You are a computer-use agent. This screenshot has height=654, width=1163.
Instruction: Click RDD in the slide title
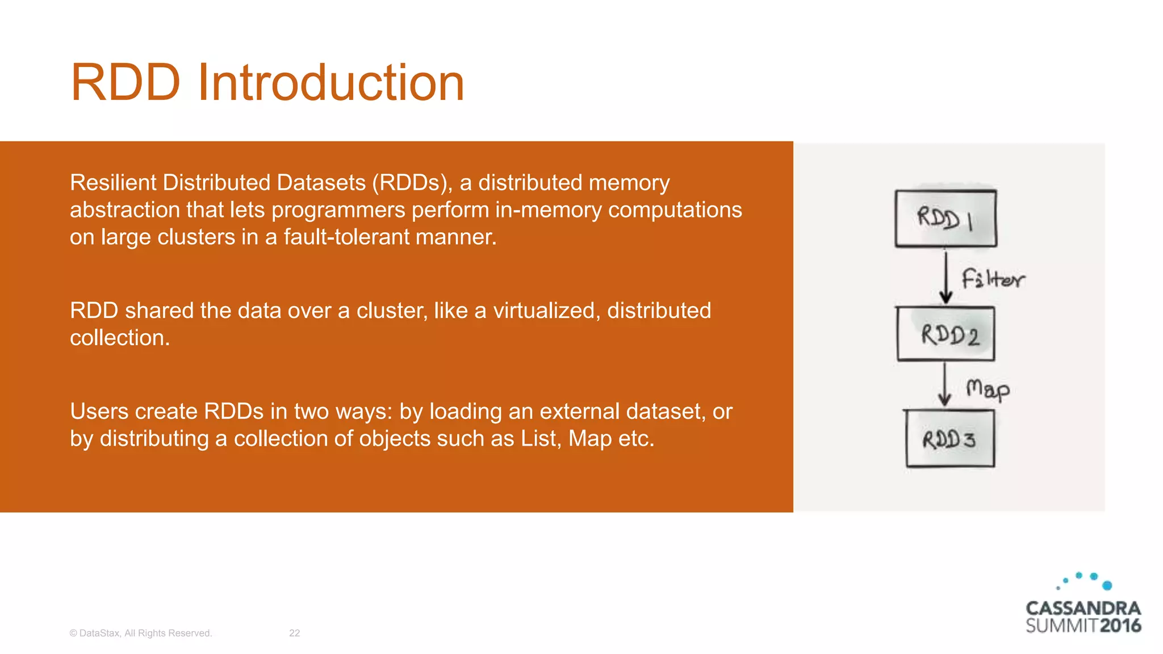point(125,83)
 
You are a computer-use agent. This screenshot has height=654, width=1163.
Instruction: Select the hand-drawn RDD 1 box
point(946,219)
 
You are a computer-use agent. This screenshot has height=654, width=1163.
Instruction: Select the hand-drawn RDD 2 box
point(946,334)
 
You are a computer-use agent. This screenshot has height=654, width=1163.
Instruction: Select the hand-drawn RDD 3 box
point(949,439)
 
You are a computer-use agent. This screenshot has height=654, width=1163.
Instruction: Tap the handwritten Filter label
point(993,279)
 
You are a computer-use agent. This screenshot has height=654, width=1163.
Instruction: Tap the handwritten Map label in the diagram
point(988,389)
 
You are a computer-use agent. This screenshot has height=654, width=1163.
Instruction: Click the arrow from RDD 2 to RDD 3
point(944,385)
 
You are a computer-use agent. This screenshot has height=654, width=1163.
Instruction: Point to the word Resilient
point(113,183)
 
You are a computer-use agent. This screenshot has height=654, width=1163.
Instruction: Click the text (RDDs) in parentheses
point(412,183)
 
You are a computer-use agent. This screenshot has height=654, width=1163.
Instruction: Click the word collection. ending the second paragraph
point(120,338)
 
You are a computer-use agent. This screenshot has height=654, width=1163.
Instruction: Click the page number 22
point(294,633)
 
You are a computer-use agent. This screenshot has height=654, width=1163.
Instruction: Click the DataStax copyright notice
point(141,633)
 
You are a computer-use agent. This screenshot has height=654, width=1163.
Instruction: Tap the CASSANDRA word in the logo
point(1083,609)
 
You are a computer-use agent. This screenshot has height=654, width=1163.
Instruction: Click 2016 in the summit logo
point(1120,626)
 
